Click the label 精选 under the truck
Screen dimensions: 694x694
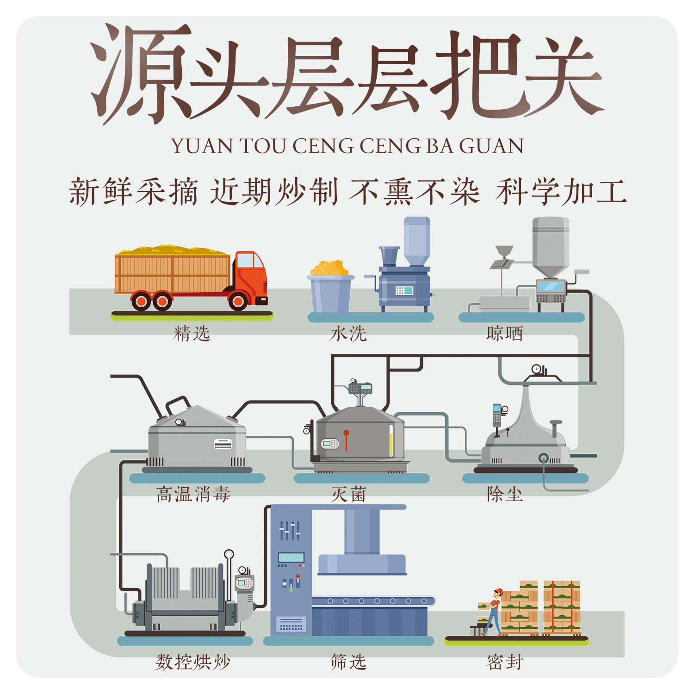(x=192, y=334)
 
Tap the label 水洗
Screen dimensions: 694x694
(x=348, y=334)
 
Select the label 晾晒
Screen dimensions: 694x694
(x=505, y=334)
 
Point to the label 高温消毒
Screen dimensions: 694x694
(x=193, y=495)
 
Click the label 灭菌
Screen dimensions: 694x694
(x=348, y=495)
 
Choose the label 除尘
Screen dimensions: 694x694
(x=505, y=495)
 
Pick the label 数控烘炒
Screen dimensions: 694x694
(x=193, y=662)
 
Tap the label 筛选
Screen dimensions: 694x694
(x=348, y=662)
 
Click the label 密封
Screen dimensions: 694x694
(x=505, y=662)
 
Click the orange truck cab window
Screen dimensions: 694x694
(x=245, y=261)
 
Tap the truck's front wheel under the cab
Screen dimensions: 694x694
(x=238, y=301)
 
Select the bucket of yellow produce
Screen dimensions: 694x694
(x=330, y=289)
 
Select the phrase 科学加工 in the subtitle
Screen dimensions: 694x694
(x=561, y=192)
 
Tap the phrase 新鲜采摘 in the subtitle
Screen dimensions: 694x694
(x=133, y=192)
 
